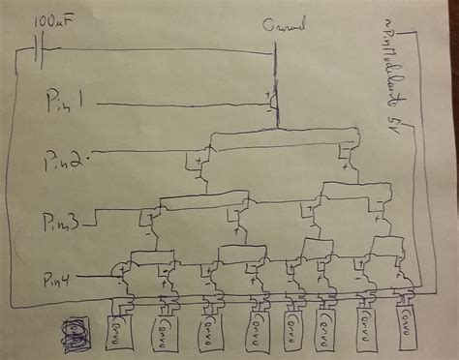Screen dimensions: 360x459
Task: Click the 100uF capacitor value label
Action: pos(50,20)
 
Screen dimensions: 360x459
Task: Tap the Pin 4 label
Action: pos(59,280)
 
